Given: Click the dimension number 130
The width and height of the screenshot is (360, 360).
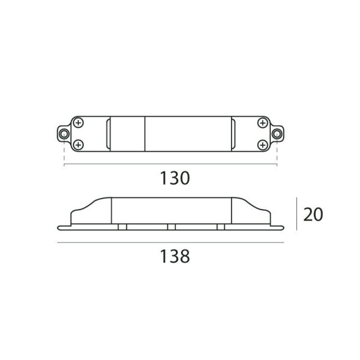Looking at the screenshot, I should tap(175, 179).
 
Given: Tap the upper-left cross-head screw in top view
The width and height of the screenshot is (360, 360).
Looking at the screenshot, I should tap(78, 123).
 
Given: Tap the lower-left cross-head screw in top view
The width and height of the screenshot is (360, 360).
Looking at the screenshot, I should tap(78, 144).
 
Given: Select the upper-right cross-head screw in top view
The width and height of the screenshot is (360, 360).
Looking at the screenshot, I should tap(262, 123).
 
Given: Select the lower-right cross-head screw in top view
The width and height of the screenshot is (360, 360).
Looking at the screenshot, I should tap(262, 144).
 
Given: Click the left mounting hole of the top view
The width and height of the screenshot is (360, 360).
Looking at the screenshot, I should tap(64, 134).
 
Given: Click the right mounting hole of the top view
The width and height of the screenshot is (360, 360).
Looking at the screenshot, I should tap(277, 134).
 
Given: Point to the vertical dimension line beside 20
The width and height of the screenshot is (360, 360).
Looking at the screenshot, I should tap(296, 214).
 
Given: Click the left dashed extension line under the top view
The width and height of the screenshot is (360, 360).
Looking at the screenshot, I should tap(64, 153).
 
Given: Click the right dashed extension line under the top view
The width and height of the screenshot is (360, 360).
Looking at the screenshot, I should tap(277, 153).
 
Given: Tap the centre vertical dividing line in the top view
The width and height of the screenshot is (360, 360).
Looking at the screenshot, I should tap(145, 134).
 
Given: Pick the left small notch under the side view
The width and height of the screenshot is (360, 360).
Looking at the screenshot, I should tap(122, 227).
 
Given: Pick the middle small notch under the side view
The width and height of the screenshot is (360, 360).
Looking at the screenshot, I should tap(171, 227).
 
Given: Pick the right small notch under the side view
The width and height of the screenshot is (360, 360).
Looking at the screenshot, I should tap(221, 227).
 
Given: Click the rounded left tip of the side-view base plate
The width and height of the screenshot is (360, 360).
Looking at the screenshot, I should tap(59, 229).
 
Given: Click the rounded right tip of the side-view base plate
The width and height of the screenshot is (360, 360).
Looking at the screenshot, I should tap(283, 229).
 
